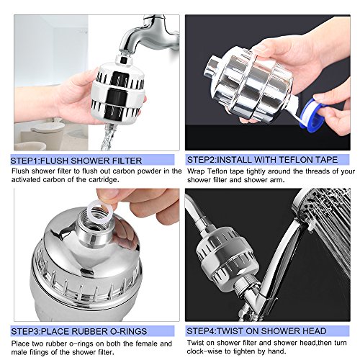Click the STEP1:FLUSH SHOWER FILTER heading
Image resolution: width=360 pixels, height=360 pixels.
76,161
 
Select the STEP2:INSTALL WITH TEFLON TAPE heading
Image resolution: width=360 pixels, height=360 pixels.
262,160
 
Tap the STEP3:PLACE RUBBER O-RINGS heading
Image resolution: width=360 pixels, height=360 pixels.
79,331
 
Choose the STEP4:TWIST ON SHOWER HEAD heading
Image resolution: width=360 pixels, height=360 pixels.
256,331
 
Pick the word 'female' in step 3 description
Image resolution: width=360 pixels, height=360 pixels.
147,343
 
